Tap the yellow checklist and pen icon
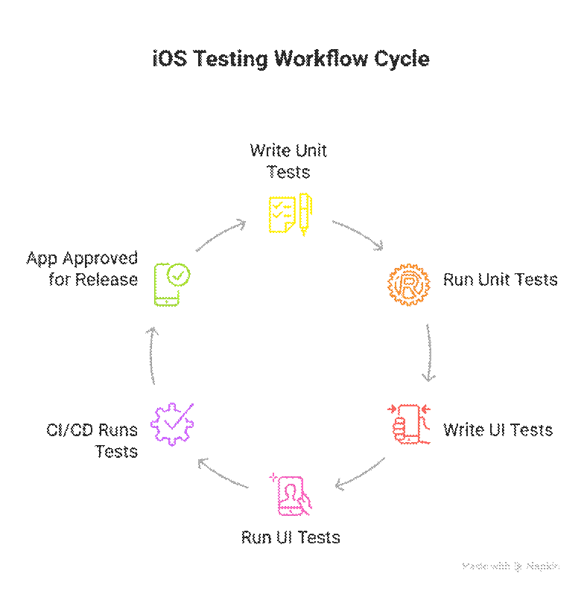(x=290, y=214)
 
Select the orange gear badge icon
(x=409, y=284)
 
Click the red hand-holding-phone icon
(x=409, y=424)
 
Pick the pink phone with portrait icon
(x=291, y=494)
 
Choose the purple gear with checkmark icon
(x=172, y=424)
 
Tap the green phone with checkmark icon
(x=171, y=284)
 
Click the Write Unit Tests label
(x=288, y=161)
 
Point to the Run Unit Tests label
(x=500, y=280)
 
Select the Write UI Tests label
(x=498, y=429)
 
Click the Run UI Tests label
(x=290, y=537)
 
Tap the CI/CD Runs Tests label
(x=93, y=441)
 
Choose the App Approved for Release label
(x=82, y=269)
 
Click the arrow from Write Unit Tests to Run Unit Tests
(x=358, y=234)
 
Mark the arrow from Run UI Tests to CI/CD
(x=221, y=475)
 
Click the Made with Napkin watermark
(x=510, y=566)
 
